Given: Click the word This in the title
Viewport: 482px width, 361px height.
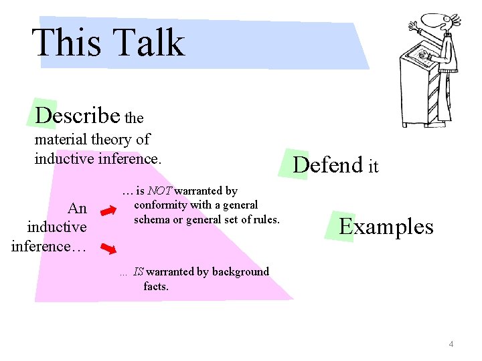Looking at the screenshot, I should [66, 43].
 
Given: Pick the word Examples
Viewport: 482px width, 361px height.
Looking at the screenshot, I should [386, 227].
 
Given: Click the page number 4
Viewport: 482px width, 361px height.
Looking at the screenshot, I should [451, 344].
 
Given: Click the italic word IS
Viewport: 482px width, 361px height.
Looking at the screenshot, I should [139, 271].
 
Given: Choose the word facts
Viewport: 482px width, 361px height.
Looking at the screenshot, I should [156, 286].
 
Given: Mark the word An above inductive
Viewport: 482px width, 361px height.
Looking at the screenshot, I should [78, 208].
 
